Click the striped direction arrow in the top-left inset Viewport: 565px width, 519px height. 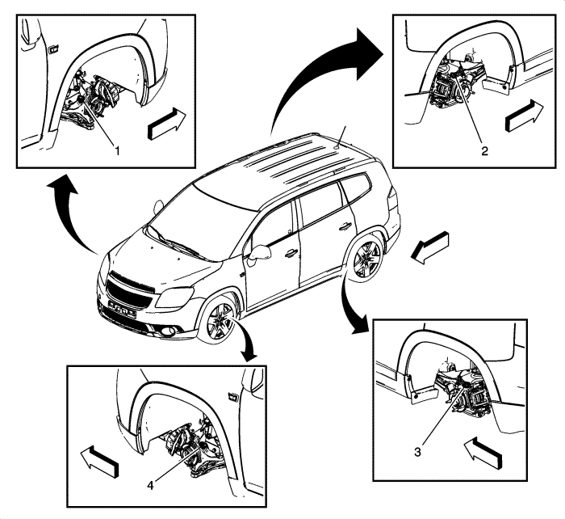pyautogui.click(x=168, y=124)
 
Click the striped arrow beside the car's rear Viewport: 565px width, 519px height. pyautogui.click(x=427, y=247)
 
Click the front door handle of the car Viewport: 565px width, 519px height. pyautogui.click(x=290, y=253)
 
